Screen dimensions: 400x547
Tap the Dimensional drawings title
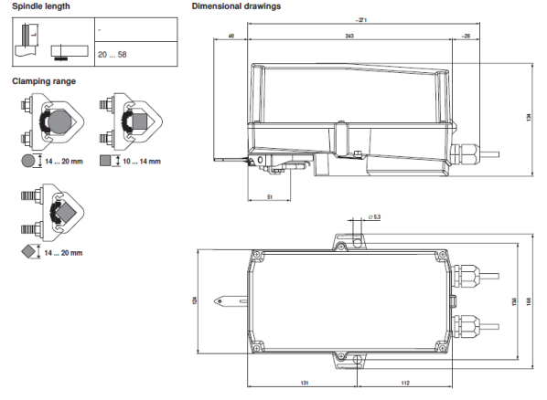point(236,6)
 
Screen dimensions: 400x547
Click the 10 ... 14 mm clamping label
point(142,162)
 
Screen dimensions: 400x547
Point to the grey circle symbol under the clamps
point(27,161)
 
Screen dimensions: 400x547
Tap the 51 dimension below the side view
point(270,195)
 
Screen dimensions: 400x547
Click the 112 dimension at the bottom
point(391,384)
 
